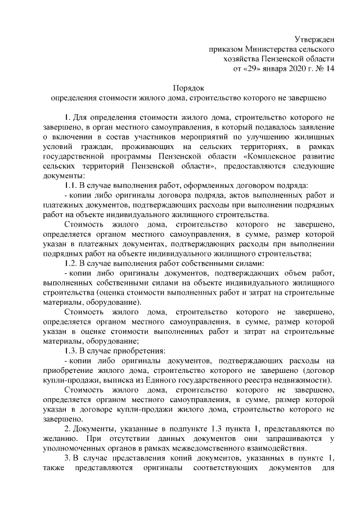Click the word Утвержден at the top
pyautogui.click(x=314, y=39)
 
